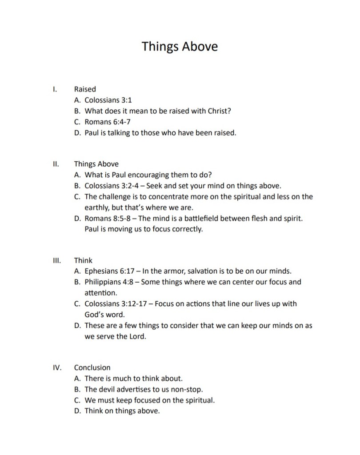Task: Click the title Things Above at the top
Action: pos(180,46)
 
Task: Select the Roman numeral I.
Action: pos(54,89)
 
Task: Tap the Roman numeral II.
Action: pos(55,164)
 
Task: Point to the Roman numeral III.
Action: pos(56,260)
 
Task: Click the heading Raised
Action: pos(85,89)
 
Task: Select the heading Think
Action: pos(83,260)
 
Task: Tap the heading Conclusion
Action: pos(92,368)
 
